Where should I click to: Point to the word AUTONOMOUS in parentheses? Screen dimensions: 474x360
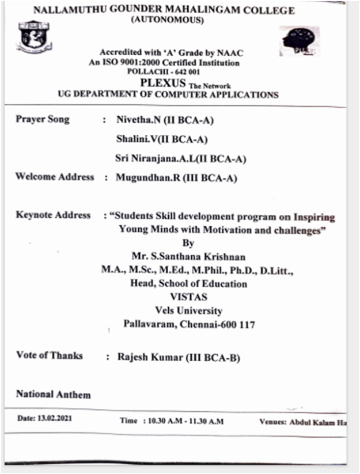pyautogui.click(x=168, y=20)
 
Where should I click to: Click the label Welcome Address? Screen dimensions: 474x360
pyautogui.click(x=55, y=177)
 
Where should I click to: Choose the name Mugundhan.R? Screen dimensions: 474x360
pyautogui.click(x=141, y=178)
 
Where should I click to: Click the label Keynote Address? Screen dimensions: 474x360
pyautogui.click(x=53, y=215)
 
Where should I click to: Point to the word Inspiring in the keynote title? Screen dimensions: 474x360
pyautogui.click(x=314, y=217)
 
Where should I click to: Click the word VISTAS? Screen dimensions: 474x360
pyautogui.click(x=184, y=297)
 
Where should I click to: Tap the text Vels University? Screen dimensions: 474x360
pyautogui.click(x=184, y=311)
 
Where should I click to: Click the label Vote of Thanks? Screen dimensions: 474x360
pyautogui.click(x=50, y=355)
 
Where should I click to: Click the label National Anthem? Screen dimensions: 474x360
pyautogui.click(x=53, y=395)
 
